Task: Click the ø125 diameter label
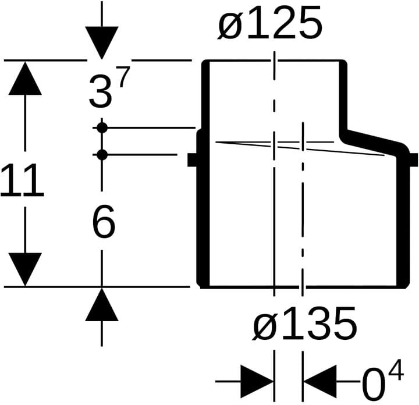tap(270, 23)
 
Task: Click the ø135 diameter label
tap(304, 324)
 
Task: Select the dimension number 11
tap(22, 180)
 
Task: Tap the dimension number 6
tap(104, 221)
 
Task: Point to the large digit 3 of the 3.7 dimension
tap(100, 91)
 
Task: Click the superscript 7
tap(124, 77)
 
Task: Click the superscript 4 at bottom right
tap(396, 370)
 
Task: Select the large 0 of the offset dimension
tap(374, 385)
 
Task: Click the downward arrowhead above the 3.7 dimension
tap(101, 42)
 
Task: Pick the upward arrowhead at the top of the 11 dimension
tap(25, 79)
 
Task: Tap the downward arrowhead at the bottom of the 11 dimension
tap(25, 269)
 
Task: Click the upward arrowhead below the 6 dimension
tap(101, 304)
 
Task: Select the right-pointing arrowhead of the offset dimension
tap(257, 382)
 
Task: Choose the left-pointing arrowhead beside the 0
tap(320, 382)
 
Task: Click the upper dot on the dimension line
tap(102, 127)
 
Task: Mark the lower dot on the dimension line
tap(102, 155)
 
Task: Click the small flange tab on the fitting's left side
tap(193, 160)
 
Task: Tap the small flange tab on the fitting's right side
tap(413, 160)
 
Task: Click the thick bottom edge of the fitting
tap(303, 287)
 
